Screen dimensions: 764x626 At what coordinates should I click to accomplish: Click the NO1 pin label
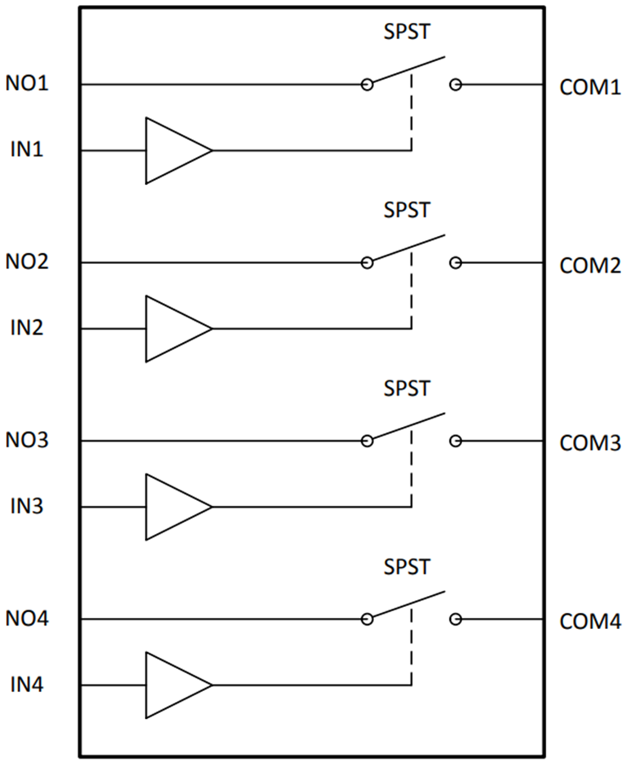point(29,85)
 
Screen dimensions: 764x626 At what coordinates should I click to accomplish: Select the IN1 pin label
point(26,150)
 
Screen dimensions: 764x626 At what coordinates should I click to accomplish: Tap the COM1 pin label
point(590,87)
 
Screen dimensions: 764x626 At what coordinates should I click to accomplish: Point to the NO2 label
point(29,263)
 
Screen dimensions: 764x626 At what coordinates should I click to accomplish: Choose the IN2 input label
point(26,329)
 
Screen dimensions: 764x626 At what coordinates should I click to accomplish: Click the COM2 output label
point(590,266)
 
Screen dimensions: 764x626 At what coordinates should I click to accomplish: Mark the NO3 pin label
point(29,441)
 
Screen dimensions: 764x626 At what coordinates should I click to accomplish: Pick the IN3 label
point(26,507)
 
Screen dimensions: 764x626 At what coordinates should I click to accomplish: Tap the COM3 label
point(590,443)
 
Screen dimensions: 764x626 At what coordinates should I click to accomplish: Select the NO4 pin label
point(29,620)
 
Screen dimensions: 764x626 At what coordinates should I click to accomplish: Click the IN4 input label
point(26,685)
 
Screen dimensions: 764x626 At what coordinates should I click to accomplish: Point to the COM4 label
point(590,621)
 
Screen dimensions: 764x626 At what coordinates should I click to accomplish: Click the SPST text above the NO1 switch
point(407,31)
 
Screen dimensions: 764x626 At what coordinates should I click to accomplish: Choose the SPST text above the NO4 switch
point(407,566)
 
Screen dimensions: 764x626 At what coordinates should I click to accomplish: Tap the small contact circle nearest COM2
point(456,263)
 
